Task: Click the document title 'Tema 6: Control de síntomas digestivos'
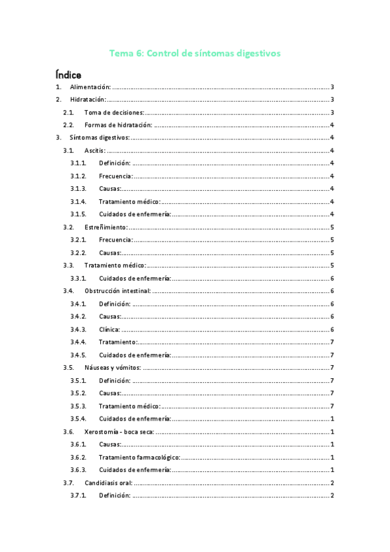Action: pyautogui.click(x=195, y=53)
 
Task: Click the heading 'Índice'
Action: pyautogui.click(x=68, y=74)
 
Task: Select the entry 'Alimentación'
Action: pyautogui.click(x=91, y=87)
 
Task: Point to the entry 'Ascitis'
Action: pyautogui.click(x=95, y=150)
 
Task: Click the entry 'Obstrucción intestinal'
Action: pyautogui.click(x=117, y=291)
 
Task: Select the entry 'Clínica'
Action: pyautogui.click(x=109, y=329)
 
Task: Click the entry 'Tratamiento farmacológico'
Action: pyautogui.click(x=139, y=457)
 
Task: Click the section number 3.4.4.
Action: pyautogui.click(x=78, y=342)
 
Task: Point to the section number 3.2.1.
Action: pyautogui.click(x=78, y=240)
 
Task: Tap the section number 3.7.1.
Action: pyautogui.click(x=78, y=495)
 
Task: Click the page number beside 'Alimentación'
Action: pyautogui.click(x=332, y=87)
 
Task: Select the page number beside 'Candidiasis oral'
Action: pyautogui.click(x=332, y=482)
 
